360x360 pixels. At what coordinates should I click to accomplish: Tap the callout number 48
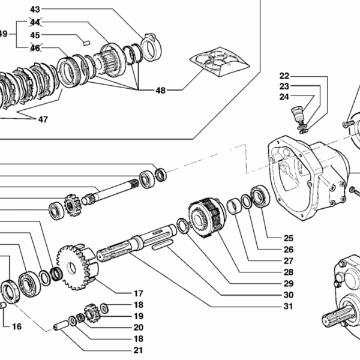coord(160,90)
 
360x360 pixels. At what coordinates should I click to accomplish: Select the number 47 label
coord(43,119)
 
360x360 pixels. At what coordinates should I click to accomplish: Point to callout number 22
coord(284,76)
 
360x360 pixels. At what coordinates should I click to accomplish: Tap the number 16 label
coord(16,326)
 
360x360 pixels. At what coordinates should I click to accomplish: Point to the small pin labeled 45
coord(86,43)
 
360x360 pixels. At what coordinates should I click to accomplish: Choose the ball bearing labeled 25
coord(260,197)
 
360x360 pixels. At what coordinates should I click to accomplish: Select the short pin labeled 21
coord(61,327)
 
